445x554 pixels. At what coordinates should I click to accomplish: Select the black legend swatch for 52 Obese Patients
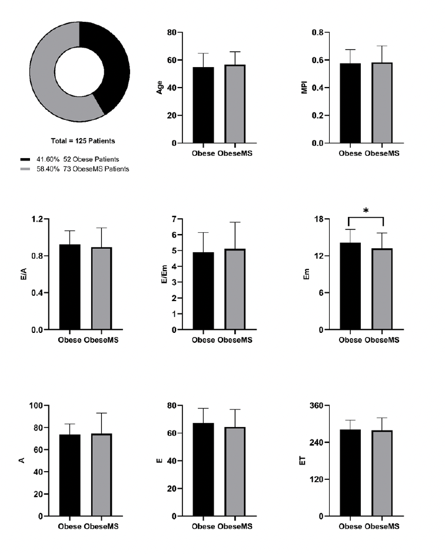coord(25,159)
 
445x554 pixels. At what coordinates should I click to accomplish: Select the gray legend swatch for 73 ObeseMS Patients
coord(25,169)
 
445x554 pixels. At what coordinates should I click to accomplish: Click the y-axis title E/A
coord(22,275)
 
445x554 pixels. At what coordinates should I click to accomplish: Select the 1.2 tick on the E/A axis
coord(38,219)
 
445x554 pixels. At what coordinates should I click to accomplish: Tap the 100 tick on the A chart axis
coord(36,406)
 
